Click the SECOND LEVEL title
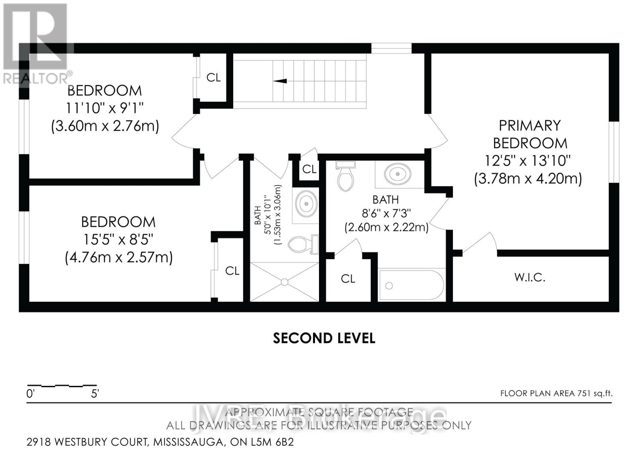(x=324, y=338)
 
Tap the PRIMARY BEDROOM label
(x=530, y=134)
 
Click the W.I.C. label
(x=530, y=277)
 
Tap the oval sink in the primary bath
(x=398, y=173)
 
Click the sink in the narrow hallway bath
(x=306, y=203)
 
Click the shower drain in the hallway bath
(x=284, y=282)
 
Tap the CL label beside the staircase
(x=213, y=77)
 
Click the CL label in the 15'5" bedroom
(x=232, y=271)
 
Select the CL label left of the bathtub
(x=348, y=279)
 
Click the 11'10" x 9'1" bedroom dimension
(x=104, y=108)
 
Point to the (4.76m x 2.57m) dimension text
(x=118, y=257)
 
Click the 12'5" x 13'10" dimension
(x=528, y=161)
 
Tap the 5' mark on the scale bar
(x=95, y=394)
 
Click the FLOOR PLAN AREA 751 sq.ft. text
(x=556, y=394)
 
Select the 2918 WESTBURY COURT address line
(x=160, y=442)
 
